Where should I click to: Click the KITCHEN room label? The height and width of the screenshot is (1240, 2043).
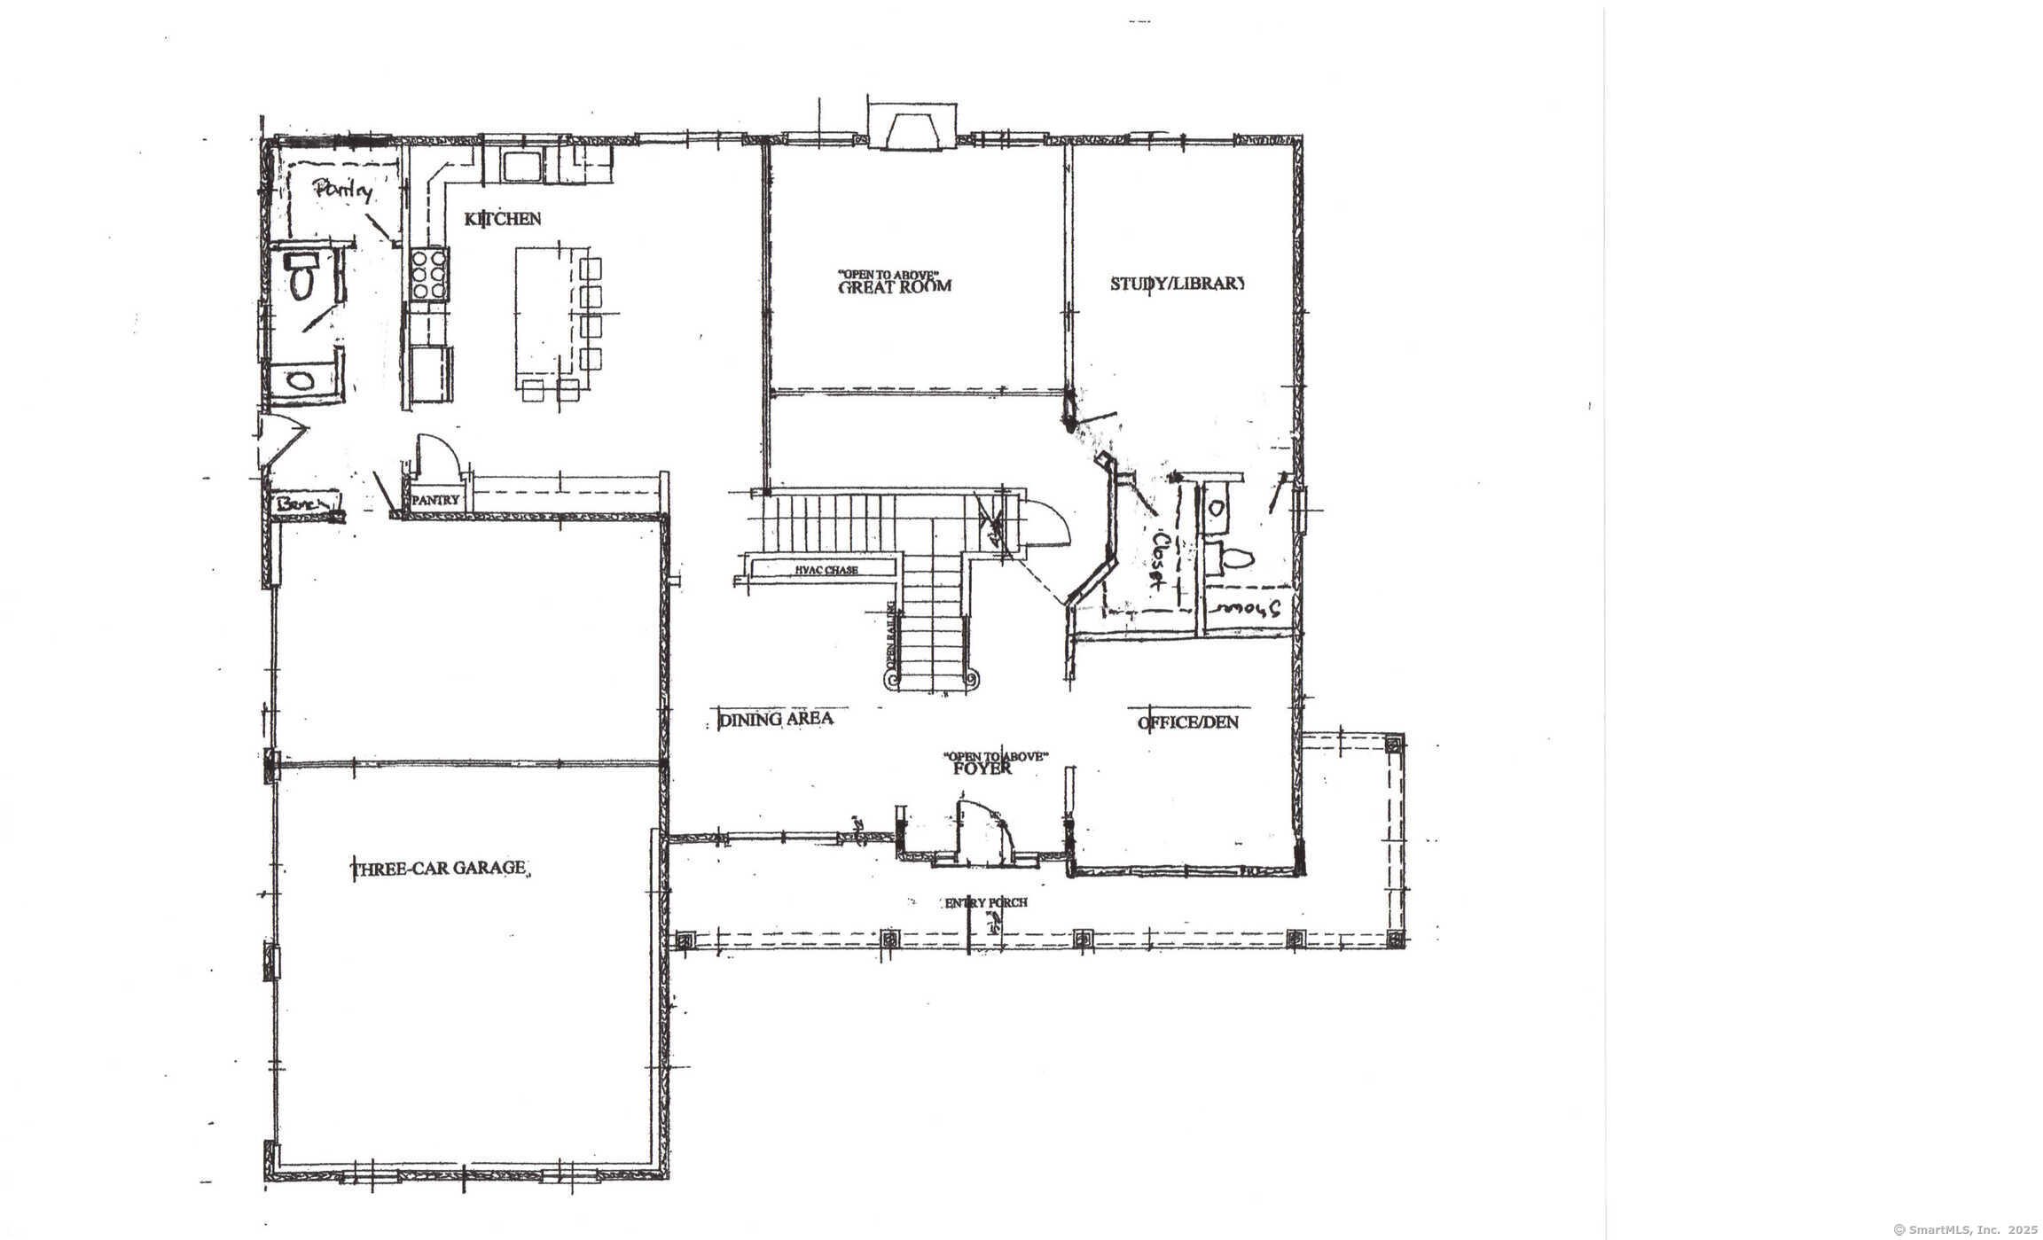click(x=502, y=219)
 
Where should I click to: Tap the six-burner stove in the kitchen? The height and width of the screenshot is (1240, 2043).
click(x=429, y=274)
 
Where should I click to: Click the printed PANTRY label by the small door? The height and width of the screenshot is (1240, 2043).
click(x=435, y=500)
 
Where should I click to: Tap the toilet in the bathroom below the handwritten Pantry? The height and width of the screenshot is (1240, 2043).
click(x=302, y=276)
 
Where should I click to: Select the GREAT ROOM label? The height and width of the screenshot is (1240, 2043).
click(x=894, y=286)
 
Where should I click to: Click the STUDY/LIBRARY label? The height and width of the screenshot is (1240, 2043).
click(x=1178, y=284)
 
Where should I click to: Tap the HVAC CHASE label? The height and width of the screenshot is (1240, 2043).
click(x=826, y=570)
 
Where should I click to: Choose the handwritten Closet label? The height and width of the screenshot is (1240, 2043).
click(x=1158, y=560)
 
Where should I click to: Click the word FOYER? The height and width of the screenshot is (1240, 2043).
click(x=982, y=768)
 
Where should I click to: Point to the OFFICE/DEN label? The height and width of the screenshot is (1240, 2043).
click(x=1188, y=722)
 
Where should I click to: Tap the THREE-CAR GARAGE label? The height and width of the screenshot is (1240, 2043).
click(x=440, y=868)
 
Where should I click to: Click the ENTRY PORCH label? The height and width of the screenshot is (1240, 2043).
click(x=985, y=903)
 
